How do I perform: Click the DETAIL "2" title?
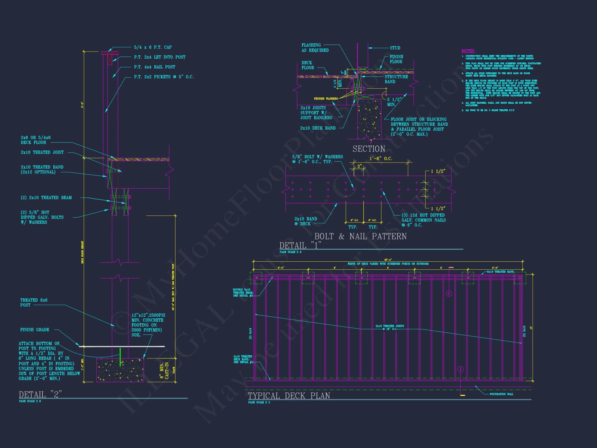pos(40,395)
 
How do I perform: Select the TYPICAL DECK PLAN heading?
pos(289,396)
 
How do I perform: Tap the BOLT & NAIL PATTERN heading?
pos(360,236)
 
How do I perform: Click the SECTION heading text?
pos(369,149)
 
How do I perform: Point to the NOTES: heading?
pos(468,51)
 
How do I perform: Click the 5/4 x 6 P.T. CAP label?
pos(153,47)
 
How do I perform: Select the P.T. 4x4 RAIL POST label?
pos(154,67)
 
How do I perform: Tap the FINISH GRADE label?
pos(35,330)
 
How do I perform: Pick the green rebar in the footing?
pos(120,357)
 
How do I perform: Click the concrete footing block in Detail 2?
pos(120,370)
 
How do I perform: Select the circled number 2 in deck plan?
pos(449,294)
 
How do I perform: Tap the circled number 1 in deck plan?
pos(460,369)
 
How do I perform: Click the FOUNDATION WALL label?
pos(501,394)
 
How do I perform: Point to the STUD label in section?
pos(395,48)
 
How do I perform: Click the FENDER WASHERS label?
pos(326,99)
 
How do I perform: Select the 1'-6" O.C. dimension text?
pos(381,159)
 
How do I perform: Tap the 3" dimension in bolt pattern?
pos(359,166)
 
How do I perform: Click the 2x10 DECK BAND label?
pos(318,128)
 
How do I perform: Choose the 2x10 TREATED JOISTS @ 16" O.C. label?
pos(390,327)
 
